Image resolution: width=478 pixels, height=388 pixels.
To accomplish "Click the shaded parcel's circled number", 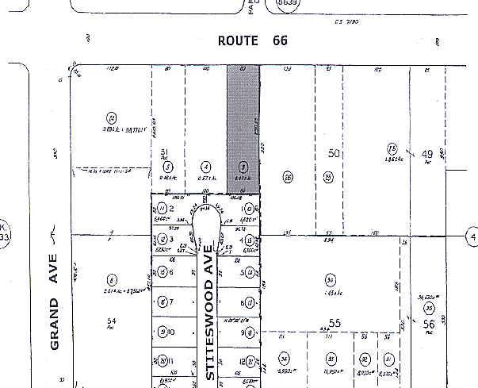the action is click(x=243, y=167).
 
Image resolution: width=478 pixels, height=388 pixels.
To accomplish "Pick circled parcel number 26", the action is click(x=287, y=177).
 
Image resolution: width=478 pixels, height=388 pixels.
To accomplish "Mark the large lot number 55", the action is click(x=335, y=324).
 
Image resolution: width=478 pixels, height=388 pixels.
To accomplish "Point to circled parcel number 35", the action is click(x=430, y=308).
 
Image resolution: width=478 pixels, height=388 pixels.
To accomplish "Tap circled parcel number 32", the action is click(x=364, y=359).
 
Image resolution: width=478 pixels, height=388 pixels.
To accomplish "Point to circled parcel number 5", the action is click(x=166, y=167).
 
